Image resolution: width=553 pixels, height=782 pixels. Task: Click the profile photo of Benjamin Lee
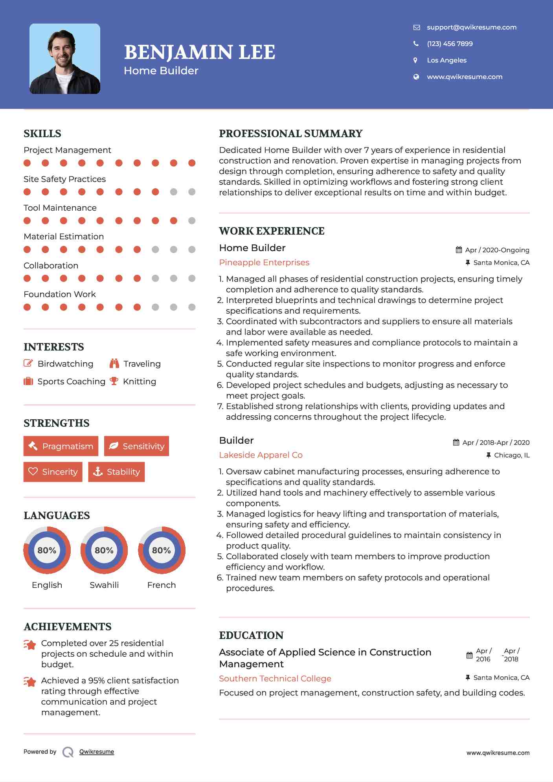(65, 59)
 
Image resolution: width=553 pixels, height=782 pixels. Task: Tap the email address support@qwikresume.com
(471, 27)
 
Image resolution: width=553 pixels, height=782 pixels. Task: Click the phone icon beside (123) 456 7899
(416, 44)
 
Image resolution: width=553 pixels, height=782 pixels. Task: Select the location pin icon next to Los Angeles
(415, 60)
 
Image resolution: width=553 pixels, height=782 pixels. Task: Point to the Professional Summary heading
(290, 134)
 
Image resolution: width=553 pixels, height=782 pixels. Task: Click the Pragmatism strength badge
(61, 446)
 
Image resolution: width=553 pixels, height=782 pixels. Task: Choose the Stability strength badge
(116, 472)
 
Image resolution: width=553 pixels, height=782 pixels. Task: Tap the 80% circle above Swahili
(104, 550)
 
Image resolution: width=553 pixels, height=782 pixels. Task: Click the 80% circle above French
(162, 550)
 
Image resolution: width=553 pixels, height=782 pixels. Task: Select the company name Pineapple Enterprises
(264, 263)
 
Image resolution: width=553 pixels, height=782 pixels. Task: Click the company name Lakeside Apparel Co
(261, 455)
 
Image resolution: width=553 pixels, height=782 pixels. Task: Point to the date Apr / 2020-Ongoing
(497, 250)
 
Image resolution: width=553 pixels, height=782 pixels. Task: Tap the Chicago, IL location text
(512, 455)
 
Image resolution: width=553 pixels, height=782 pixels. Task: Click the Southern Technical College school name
(275, 679)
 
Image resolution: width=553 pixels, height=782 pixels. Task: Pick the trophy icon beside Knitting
(114, 381)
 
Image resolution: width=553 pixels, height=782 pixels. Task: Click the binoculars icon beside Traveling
(114, 363)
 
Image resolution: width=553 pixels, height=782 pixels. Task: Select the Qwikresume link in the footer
(97, 752)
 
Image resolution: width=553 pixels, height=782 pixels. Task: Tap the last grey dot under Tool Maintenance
(192, 220)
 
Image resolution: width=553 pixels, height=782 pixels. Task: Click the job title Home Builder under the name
(161, 71)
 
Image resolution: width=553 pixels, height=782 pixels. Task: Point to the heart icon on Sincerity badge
(33, 472)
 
